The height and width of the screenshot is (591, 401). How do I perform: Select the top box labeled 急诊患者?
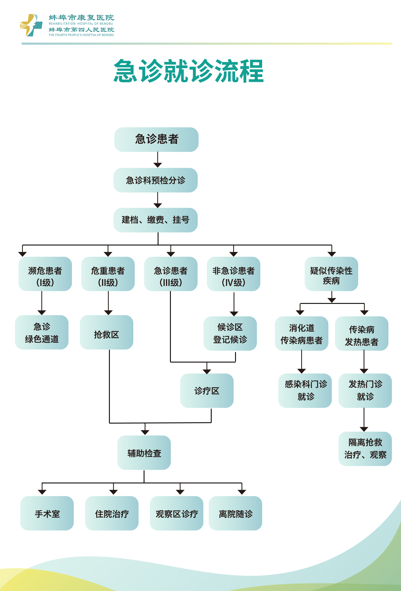(x=156, y=140)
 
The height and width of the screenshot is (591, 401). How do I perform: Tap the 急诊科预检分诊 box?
(x=155, y=180)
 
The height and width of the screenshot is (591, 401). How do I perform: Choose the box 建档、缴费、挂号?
(x=155, y=220)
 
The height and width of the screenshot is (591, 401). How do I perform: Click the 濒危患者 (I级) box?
(x=45, y=274)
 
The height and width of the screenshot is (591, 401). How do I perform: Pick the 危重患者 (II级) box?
(x=108, y=274)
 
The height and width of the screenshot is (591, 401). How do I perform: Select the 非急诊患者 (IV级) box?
(x=233, y=274)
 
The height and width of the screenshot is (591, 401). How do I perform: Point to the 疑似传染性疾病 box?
(x=331, y=274)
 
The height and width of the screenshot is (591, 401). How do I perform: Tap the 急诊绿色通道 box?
(x=42, y=332)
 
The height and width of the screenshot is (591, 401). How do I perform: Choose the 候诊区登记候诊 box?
(x=230, y=333)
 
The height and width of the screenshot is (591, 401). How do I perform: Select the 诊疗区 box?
(x=207, y=391)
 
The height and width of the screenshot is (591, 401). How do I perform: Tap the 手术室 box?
(x=47, y=513)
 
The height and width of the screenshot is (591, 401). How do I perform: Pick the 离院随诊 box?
(x=235, y=513)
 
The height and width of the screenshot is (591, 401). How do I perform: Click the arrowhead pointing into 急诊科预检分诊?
(x=157, y=165)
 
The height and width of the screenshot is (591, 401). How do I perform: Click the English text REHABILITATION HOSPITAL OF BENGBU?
(x=81, y=24)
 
